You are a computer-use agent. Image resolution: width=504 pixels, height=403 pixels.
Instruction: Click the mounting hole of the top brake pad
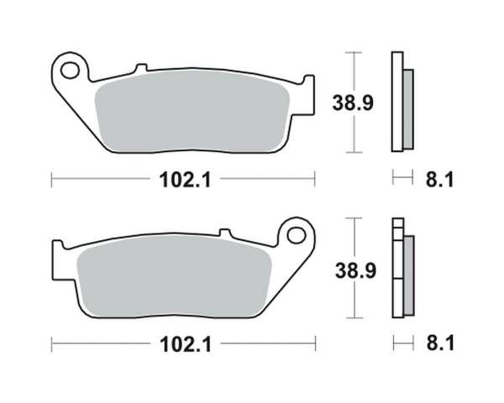pyautogui.click(x=70, y=71)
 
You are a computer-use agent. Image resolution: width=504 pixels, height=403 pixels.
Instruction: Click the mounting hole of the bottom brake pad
pyautogui.click(x=296, y=236)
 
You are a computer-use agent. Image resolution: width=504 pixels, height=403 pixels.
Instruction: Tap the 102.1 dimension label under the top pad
pyautogui.click(x=185, y=180)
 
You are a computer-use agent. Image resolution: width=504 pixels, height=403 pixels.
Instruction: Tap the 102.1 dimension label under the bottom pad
pyautogui.click(x=186, y=344)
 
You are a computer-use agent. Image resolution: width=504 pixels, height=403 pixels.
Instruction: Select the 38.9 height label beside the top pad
pyautogui.click(x=353, y=102)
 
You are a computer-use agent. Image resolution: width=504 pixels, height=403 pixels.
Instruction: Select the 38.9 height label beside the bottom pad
pyautogui.click(x=355, y=270)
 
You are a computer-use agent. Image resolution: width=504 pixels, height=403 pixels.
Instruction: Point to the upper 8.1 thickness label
pyautogui.click(x=439, y=180)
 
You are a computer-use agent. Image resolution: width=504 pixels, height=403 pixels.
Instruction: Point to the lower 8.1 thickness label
pyautogui.click(x=440, y=343)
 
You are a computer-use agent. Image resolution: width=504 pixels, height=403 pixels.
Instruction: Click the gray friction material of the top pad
pyautogui.click(x=192, y=111)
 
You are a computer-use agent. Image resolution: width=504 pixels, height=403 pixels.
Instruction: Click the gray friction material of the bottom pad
pyautogui.click(x=174, y=276)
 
